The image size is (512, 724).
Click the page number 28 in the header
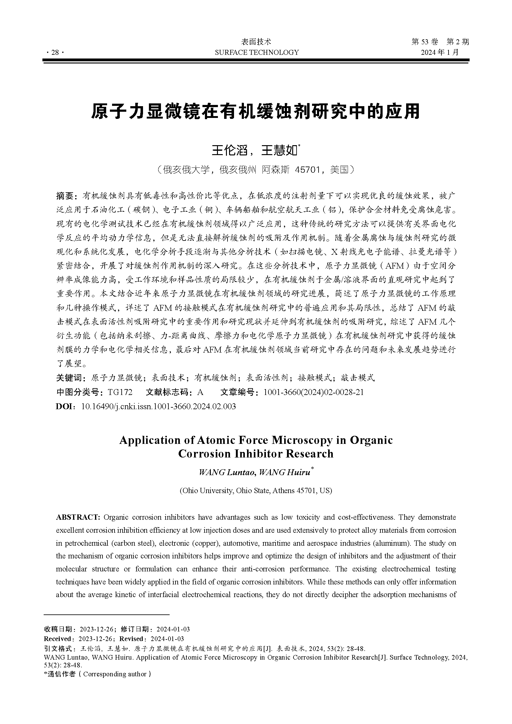(x=55, y=53)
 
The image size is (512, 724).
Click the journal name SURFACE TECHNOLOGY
(x=257, y=52)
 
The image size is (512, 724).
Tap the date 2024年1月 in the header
(x=440, y=52)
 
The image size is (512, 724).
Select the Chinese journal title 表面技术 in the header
(x=256, y=41)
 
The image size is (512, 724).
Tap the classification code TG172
(x=120, y=392)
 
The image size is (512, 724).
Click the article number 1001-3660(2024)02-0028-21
(x=313, y=392)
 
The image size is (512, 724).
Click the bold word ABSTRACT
(x=78, y=517)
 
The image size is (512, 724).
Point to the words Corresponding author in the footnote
(x=115, y=674)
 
